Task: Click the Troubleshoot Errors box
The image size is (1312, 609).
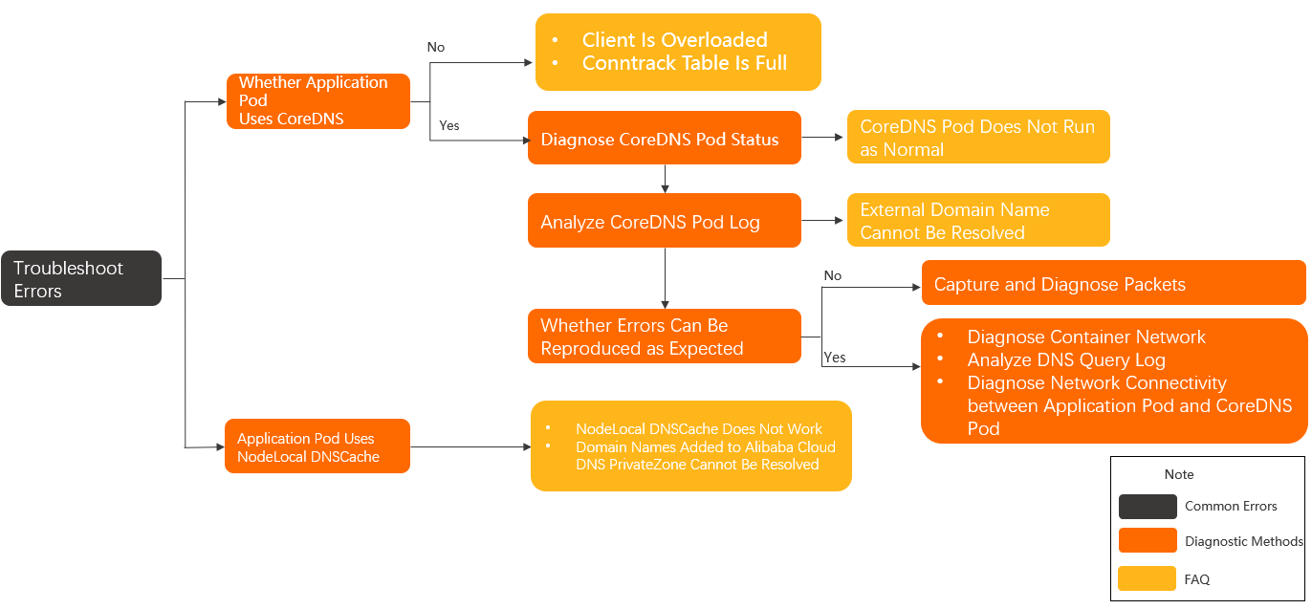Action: click(80, 279)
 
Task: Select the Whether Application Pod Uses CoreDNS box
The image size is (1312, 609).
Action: click(317, 101)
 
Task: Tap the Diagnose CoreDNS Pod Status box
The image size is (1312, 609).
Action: click(664, 139)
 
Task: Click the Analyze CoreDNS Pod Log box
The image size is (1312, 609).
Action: click(664, 222)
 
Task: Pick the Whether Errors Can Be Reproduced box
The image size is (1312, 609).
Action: click(664, 337)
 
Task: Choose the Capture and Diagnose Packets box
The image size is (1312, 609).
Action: click(1112, 284)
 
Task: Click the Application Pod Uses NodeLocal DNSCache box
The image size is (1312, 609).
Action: click(317, 447)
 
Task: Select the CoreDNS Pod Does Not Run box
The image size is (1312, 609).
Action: click(977, 138)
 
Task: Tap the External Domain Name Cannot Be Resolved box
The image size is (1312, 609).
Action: click(977, 221)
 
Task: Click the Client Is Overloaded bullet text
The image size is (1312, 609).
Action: click(674, 40)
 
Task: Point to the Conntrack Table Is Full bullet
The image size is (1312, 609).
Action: click(684, 63)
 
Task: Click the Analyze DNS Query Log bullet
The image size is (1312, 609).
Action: click(1065, 360)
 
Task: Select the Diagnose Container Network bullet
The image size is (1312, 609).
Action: click(1085, 337)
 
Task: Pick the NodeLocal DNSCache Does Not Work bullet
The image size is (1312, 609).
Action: click(698, 429)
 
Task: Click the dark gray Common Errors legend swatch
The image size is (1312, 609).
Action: click(1147, 507)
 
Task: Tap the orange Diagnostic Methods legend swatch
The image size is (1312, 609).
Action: click(1147, 541)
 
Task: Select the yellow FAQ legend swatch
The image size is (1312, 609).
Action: click(1147, 578)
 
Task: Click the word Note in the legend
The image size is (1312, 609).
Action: click(1178, 474)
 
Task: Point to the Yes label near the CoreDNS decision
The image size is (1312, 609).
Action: click(448, 125)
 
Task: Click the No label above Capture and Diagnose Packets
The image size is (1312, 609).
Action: click(832, 275)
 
